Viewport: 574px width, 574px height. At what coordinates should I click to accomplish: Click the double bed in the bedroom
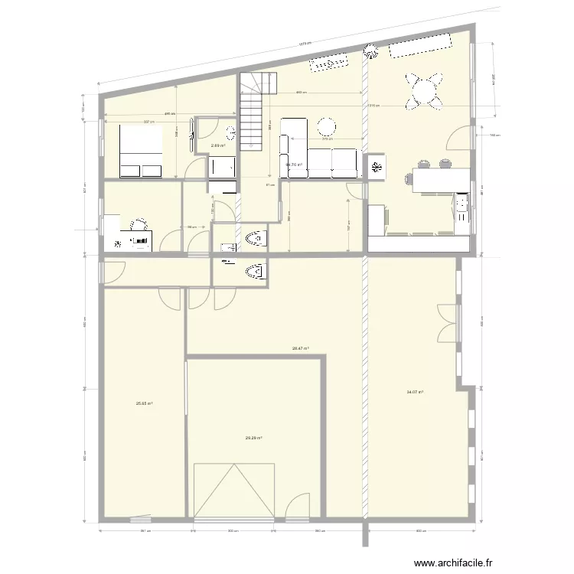141,151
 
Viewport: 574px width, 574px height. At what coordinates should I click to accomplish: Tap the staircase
253,111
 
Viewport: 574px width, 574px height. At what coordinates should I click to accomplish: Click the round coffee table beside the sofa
328,127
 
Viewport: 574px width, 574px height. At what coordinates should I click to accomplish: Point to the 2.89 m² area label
218,145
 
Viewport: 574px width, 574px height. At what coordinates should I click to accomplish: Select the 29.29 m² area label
253,438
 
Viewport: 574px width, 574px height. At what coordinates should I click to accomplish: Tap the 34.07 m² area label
415,392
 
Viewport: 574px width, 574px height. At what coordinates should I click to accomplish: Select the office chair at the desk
139,225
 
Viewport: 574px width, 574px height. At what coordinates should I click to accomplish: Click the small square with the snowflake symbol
377,168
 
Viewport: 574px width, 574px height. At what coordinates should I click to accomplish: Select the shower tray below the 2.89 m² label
223,166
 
